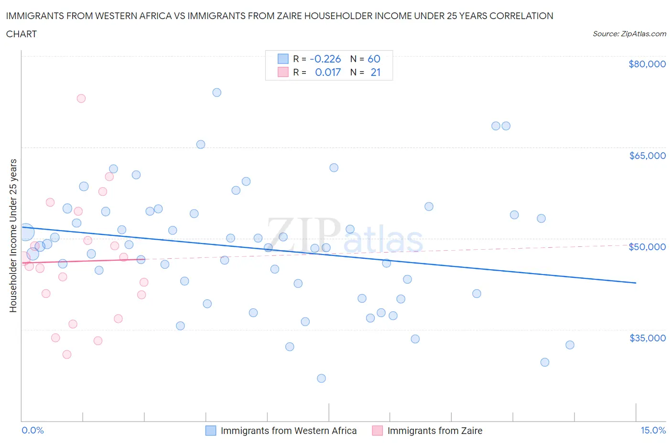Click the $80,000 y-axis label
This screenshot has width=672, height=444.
(x=647, y=64)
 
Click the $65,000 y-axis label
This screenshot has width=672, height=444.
(x=647, y=155)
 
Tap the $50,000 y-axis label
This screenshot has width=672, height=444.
(x=647, y=246)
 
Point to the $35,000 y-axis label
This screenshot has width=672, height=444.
(x=647, y=338)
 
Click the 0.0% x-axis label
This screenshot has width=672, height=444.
(x=33, y=430)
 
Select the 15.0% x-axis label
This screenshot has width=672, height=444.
(x=653, y=430)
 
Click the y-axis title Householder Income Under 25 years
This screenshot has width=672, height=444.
(x=13, y=235)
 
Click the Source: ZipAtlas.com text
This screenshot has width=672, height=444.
(x=629, y=34)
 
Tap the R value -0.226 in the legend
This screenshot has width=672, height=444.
(x=325, y=59)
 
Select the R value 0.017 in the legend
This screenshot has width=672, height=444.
(x=327, y=72)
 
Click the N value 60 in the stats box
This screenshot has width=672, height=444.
(x=374, y=59)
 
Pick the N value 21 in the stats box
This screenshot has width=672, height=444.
(x=375, y=72)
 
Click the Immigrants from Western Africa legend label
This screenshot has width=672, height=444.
(x=288, y=431)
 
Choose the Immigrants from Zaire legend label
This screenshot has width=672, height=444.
(x=434, y=431)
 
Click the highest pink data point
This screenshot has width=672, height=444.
(x=81, y=98)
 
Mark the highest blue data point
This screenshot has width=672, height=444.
(x=217, y=93)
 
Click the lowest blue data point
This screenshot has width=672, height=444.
(x=322, y=378)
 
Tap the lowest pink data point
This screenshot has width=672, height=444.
(x=67, y=354)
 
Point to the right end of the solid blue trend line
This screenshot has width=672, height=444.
(x=636, y=283)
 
